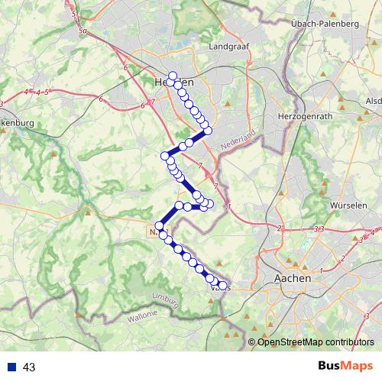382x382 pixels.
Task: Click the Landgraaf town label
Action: coord(226,46)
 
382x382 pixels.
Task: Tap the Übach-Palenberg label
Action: coord(325,24)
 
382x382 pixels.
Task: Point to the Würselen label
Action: coord(347,206)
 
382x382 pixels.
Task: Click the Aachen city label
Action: coord(293,279)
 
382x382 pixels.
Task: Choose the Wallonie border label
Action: coord(143,314)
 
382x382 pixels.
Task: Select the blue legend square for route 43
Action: coord(13,367)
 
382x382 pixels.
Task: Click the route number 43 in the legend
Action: coord(30,367)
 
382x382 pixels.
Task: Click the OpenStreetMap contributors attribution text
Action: coord(316,342)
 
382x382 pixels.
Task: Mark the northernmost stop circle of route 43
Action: coord(173,76)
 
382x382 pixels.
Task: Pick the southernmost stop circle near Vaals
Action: coord(222,286)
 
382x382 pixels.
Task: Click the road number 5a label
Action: coord(83,32)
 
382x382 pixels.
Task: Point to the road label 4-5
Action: coord(36,92)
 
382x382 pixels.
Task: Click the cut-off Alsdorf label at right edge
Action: coord(374,101)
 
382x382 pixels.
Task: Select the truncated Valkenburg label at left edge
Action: coord(15,122)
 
